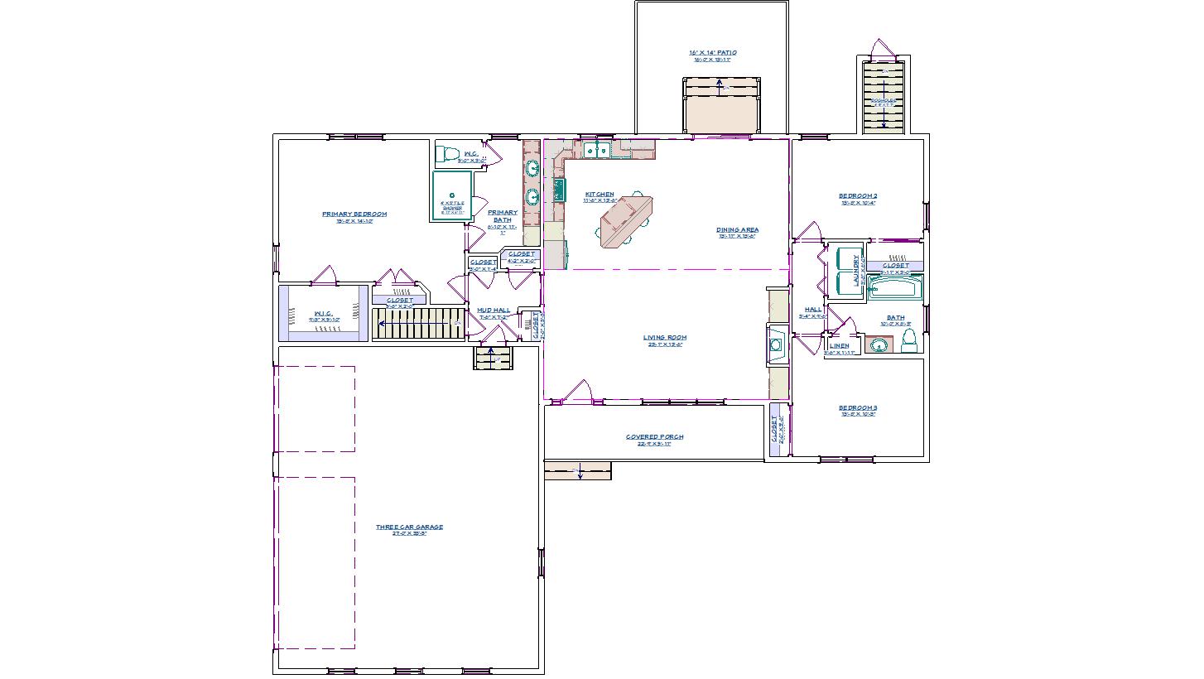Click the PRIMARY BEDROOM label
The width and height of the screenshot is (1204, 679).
pyautogui.click(x=354, y=214)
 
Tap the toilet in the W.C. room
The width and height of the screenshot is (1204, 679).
pyautogui.click(x=448, y=154)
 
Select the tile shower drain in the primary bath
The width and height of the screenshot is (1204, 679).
pyautogui.click(x=452, y=195)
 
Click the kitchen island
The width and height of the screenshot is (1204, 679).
pyautogui.click(x=624, y=222)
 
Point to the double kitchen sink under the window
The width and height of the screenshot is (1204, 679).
pyautogui.click(x=596, y=150)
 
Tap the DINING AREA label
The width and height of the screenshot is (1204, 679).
pyautogui.click(x=737, y=230)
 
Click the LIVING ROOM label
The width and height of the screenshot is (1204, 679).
pyautogui.click(x=665, y=337)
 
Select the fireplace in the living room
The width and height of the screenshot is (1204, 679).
pyautogui.click(x=778, y=344)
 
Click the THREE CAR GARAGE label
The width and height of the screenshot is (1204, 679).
pyautogui.click(x=409, y=527)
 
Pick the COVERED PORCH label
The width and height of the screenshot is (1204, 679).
pyautogui.click(x=654, y=436)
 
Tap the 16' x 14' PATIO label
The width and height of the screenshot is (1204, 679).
pyautogui.click(x=712, y=53)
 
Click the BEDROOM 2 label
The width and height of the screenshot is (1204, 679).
pyautogui.click(x=858, y=196)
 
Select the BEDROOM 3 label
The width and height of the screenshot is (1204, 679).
pyautogui.click(x=857, y=407)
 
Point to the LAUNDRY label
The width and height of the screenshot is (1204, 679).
pyautogui.click(x=856, y=270)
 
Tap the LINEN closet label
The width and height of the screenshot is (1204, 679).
pyautogui.click(x=839, y=345)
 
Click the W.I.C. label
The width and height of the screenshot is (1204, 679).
pyautogui.click(x=323, y=313)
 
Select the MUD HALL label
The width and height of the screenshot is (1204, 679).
pyautogui.click(x=494, y=311)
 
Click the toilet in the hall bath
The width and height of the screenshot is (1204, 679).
pyautogui.click(x=909, y=340)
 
